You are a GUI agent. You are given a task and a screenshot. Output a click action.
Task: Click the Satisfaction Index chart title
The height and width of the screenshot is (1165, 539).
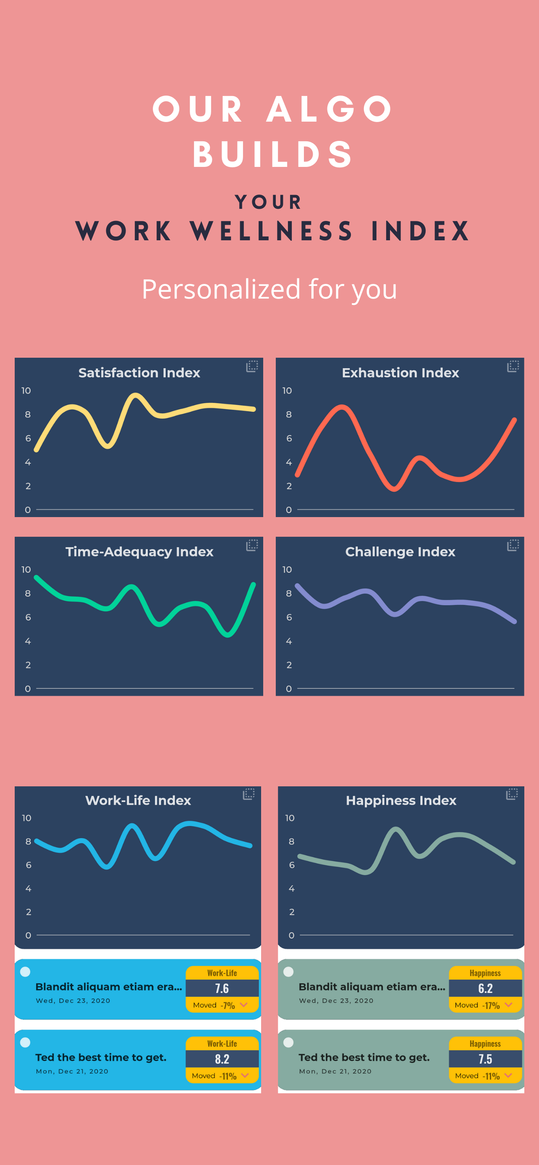[139, 373]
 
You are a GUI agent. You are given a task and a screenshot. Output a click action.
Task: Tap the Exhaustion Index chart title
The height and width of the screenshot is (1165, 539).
[400, 373]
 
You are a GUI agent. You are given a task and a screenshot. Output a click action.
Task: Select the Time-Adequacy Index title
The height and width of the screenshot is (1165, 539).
[139, 552]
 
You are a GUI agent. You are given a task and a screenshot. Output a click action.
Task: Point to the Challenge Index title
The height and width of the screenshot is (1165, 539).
[400, 552]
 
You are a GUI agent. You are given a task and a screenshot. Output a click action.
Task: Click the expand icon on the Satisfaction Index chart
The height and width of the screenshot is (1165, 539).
[252, 367]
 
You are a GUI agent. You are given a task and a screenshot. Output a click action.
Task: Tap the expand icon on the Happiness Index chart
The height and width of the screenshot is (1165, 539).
[512, 794]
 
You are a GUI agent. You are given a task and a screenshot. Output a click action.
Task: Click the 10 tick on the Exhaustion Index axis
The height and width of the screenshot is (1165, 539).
[287, 390]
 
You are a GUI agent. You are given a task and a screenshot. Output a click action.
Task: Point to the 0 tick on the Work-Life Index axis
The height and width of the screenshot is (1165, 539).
[28, 935]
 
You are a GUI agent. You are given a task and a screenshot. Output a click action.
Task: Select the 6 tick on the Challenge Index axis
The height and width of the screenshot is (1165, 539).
[289, 617]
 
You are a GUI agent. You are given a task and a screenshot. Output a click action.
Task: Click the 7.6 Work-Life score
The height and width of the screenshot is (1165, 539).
[222, 988]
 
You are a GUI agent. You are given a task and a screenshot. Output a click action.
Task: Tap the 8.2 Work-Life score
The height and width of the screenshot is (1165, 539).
[222, 1059]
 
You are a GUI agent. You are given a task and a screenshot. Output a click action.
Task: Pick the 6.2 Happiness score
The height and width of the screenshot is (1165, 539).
[485, 988]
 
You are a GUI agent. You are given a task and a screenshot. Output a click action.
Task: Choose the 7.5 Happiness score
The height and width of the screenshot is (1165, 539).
[485, 1059]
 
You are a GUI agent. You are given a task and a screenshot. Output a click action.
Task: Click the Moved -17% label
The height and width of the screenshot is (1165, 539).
[477, 1005]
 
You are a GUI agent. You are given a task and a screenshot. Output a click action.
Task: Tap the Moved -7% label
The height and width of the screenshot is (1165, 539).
[214, 1005]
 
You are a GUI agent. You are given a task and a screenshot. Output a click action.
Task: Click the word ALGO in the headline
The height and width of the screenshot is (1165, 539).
[330, 109]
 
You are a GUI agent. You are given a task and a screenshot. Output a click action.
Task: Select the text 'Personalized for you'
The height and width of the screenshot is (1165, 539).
[269, 289]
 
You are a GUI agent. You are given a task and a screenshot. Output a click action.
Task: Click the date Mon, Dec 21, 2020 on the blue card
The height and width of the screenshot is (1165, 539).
[72, 1071]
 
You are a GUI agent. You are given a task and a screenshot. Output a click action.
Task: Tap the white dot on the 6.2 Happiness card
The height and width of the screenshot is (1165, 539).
[288, 971]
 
